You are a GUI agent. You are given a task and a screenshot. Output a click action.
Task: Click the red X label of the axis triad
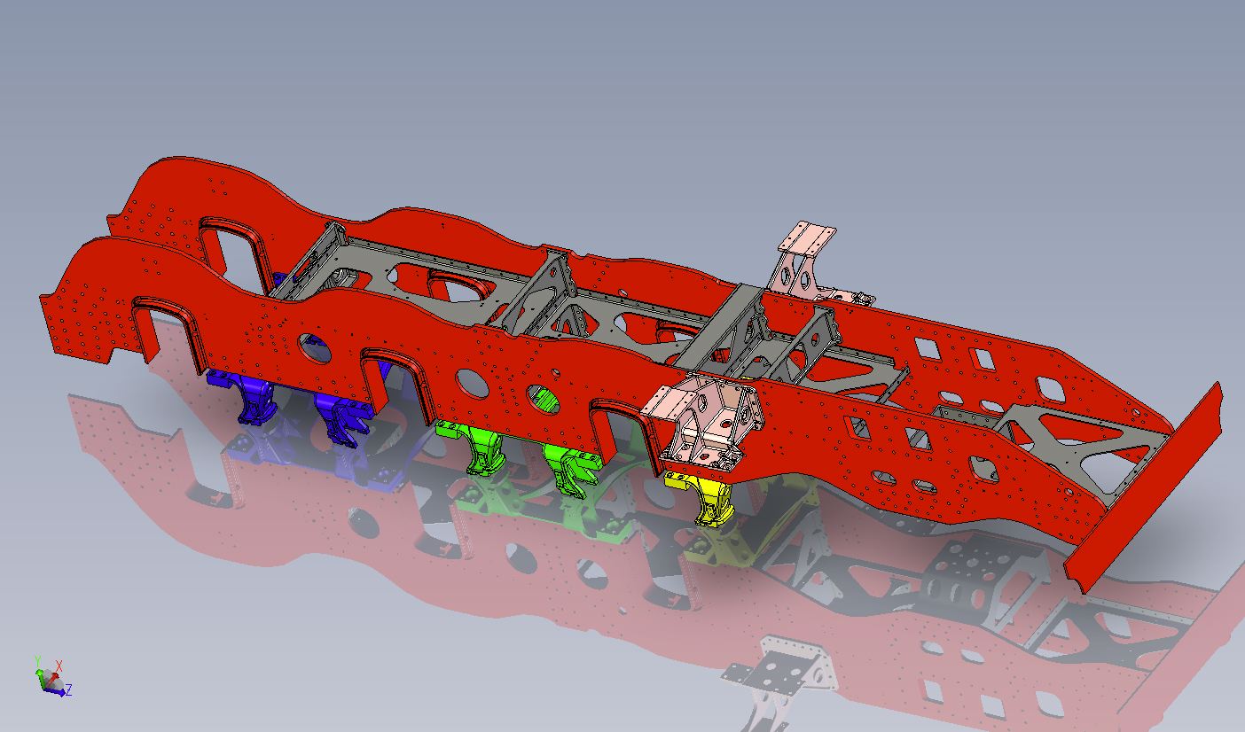click(x=59, y=665)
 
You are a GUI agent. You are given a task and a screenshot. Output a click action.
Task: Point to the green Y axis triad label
click(x=38, y=660)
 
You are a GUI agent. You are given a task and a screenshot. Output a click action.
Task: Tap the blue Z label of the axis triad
click(x=69, y=690)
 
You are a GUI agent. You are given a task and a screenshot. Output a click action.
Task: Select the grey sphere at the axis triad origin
click(x=51, y=679)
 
